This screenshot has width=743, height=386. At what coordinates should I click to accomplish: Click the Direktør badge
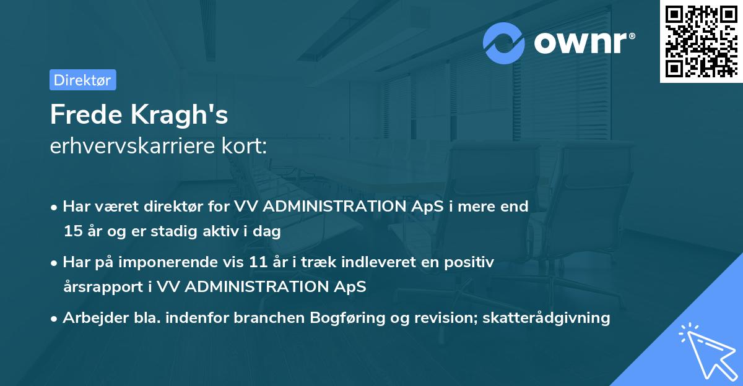coord(82,80)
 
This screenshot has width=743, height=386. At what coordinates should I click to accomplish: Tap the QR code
coord(701,41)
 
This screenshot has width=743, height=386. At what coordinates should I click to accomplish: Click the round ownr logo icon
coord(505,43)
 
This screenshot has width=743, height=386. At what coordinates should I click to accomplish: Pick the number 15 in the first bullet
coord(72,232)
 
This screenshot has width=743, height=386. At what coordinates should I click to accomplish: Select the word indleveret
coord(364,262)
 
